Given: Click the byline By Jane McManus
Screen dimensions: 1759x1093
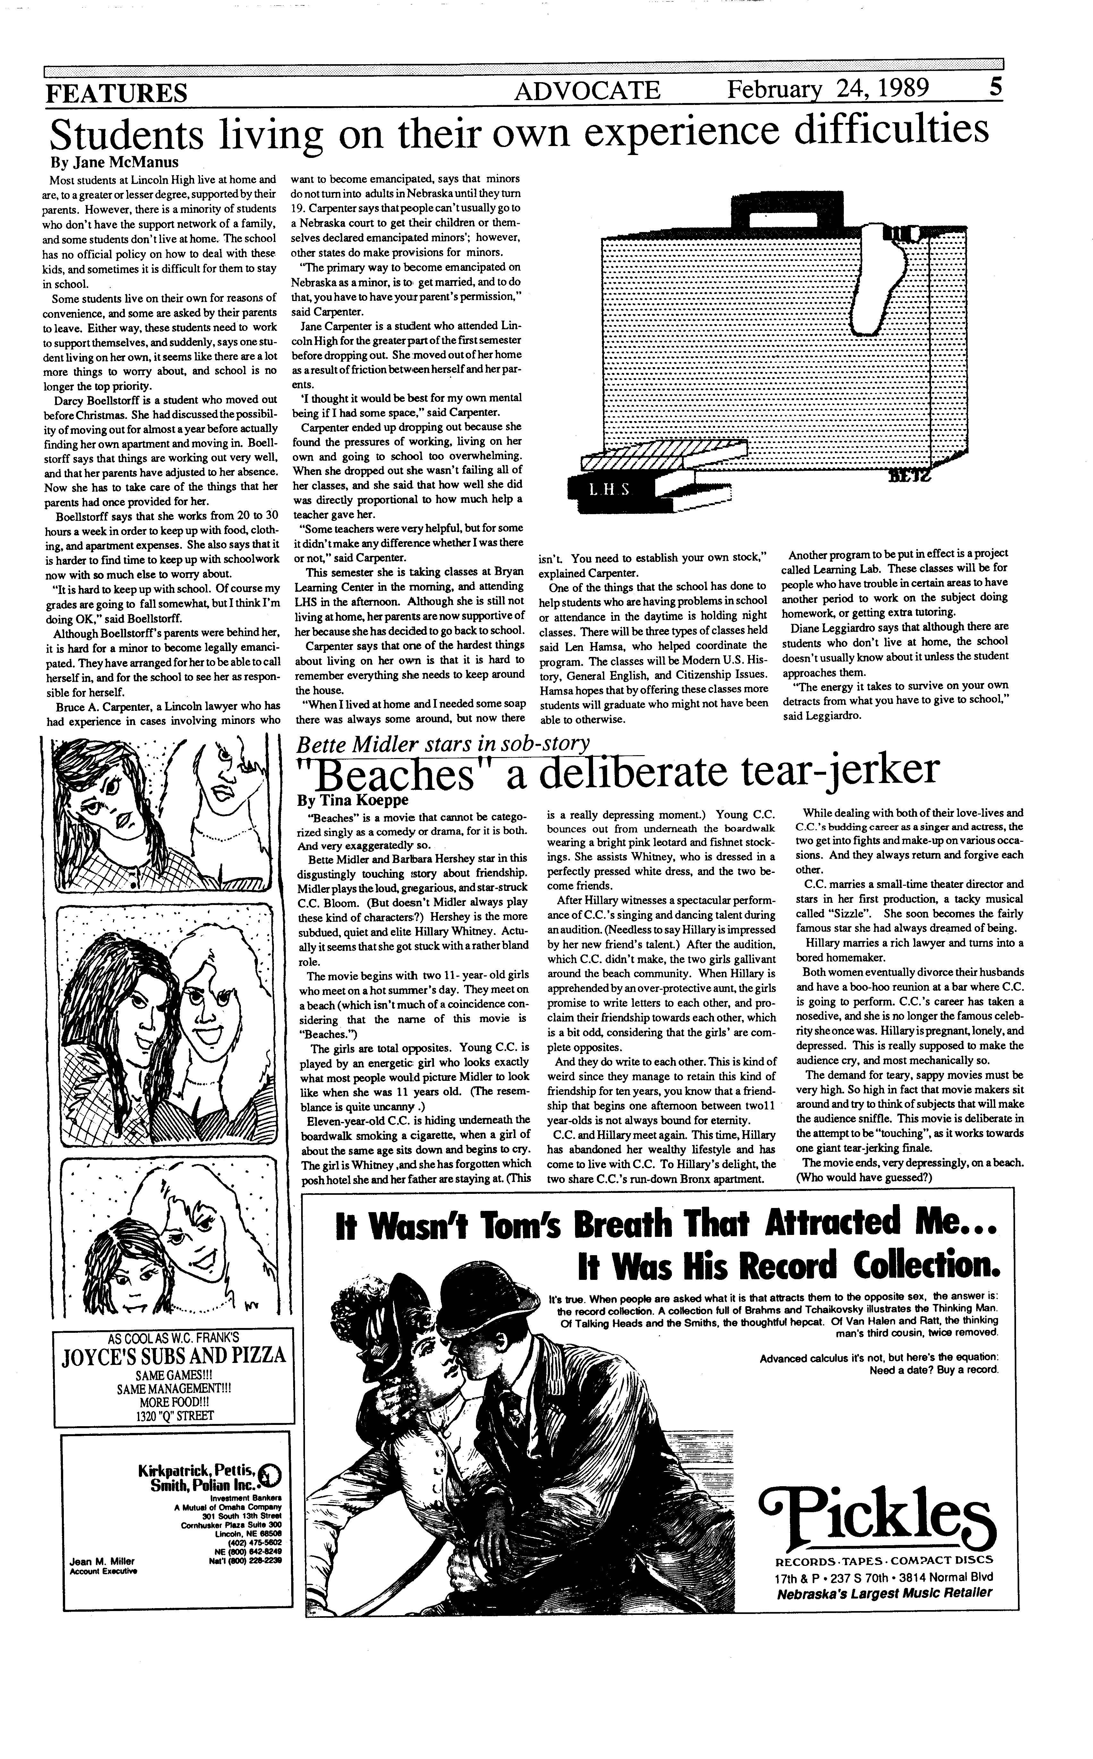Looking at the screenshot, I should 114,162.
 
